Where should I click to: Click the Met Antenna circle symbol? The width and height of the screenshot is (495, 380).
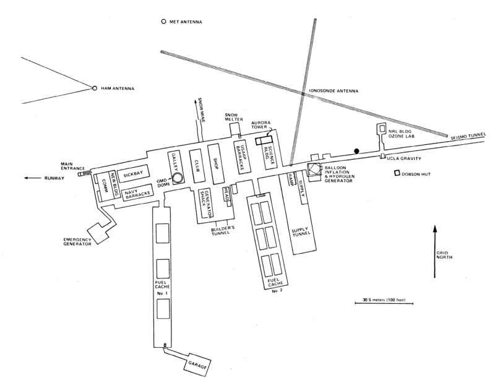pyautogui.click(x=163, y=22)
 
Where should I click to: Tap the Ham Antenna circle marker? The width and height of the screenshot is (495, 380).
pyautogui.click(x=95, y=88)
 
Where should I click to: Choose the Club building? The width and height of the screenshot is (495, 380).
pyautogui.click(x=197, y=165)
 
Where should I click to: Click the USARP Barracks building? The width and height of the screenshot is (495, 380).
pyautogui.click(x=242, y=157)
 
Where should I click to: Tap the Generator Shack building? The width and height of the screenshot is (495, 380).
pyautogui.click(x=206, y=203)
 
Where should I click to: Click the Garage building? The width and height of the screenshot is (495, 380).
pyautogui.click(x=197, y=363)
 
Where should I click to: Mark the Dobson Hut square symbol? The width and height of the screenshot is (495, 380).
pyautogui.click(x=397, y=173)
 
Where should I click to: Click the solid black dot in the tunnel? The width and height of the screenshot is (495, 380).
pyautogui.click(x=356, y=151)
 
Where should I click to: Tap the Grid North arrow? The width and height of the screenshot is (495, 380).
pyautogui.click(x=435, y=251)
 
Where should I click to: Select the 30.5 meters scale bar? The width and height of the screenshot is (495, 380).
pyautogui.click(x=384, y=303)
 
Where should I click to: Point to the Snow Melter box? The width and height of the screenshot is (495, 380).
pyautogui.click(x=235, y=129)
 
